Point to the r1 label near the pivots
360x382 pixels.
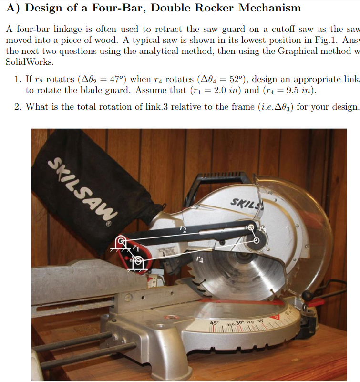coord(137,248)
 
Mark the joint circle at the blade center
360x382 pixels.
coord(257,241)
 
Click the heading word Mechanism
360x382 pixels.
coord(269,8)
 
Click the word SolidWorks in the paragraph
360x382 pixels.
coord(29,62)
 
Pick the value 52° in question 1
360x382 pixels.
coord(236,79)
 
